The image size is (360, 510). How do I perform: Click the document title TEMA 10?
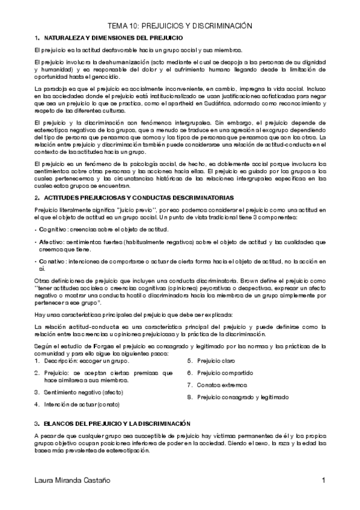click(x=179, y=26)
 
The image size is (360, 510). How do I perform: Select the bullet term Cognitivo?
click(x=53, y=230)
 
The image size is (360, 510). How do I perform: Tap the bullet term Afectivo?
click(x=51, y=242)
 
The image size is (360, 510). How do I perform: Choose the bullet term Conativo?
click(x=52, y=261)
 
